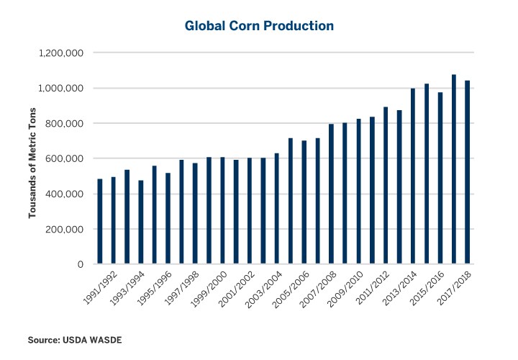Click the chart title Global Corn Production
(x=259, y=26)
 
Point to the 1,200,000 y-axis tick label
(x=63, y=53)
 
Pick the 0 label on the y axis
(x=82, y=265)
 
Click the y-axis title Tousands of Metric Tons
(x=32, y=159)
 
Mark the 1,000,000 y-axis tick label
(x=63, y=89)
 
